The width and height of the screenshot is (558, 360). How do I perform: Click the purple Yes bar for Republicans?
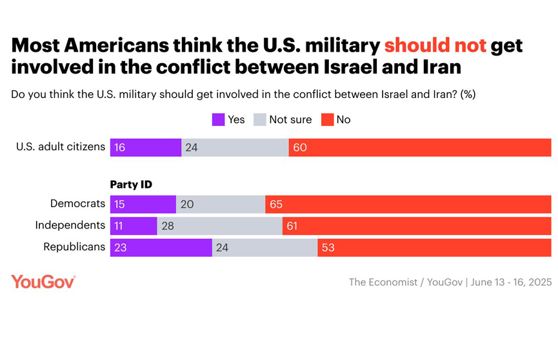point(161,248)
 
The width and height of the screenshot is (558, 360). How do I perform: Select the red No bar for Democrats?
point(408,205)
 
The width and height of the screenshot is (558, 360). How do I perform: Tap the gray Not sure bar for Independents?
point(219,226)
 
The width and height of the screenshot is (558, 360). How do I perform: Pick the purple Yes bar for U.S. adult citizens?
point(146,147)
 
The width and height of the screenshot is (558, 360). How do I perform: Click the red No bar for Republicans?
point(434,248)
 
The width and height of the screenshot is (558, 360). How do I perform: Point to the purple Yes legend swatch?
point(218,119)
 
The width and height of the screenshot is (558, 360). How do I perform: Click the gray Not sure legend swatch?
point(260,119)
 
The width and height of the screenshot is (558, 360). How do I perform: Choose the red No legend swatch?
point(327,119)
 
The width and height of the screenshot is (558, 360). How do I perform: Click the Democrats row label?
point(77,204)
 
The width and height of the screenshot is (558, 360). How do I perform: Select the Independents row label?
point(70,225)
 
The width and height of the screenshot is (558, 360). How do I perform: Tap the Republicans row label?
point(74,247)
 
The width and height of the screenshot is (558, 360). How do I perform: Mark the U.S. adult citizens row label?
point(61,146)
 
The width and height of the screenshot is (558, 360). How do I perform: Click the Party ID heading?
point(131,185)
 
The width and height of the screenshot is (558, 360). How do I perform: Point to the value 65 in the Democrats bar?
point(276,205)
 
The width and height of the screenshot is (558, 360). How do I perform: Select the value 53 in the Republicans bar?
point(328,248)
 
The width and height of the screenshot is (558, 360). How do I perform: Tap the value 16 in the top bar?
point(119,148)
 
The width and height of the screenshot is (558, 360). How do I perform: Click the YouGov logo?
point(43,282)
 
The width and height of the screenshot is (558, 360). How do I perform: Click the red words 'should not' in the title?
point(435,46)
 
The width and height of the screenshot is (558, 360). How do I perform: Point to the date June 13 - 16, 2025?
point(511,283)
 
